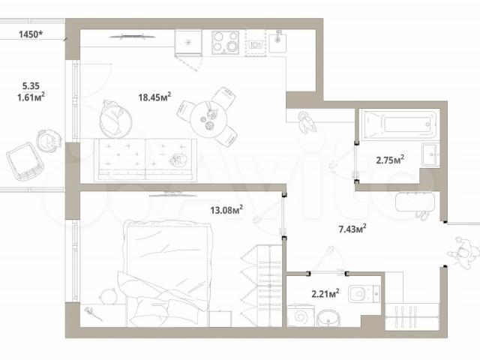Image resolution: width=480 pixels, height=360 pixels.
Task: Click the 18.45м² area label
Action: coord(154,97)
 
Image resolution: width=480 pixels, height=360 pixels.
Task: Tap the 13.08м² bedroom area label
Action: coord(226,210)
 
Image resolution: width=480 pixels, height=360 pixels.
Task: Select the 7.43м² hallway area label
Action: coord(352,229)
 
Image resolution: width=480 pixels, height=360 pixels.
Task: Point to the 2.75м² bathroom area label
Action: coord(390,160)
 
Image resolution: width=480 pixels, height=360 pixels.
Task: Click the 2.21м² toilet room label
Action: coord(325,293)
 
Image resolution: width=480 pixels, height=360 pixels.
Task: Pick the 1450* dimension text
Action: coord(31,34)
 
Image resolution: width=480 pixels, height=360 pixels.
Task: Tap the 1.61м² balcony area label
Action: coord(31,97)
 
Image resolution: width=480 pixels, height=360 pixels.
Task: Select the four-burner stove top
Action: coord(225,43)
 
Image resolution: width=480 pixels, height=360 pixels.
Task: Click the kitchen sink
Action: coord(277,43)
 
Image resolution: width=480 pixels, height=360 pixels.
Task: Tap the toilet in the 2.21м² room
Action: coord(364,293)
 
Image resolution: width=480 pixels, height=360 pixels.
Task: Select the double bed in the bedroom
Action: coord(165,272)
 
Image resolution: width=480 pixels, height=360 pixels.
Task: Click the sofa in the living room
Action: coord(145,160)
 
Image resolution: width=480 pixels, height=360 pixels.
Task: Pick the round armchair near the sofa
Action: coord(115,118)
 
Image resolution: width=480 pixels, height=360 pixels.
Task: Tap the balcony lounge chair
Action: coord(24,161)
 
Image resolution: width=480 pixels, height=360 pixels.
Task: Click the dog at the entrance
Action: coord(463,253)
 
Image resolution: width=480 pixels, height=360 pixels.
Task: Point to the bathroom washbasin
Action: coord(430,154)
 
